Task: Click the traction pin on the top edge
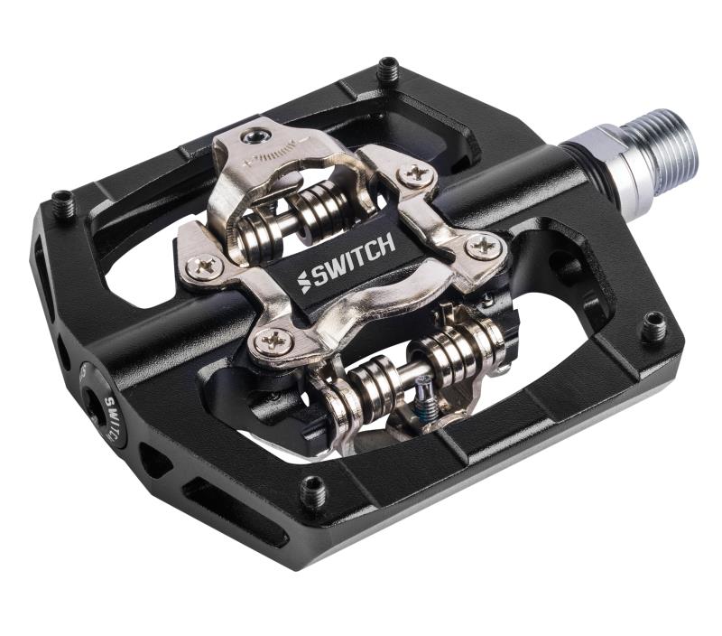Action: tap(389, 69)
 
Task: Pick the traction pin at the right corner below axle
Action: tap(653, 326)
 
